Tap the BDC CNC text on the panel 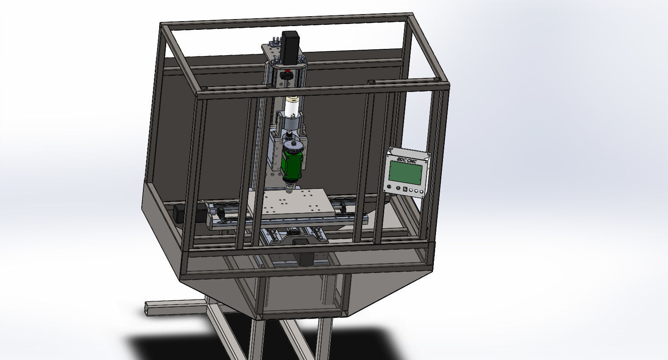click(x=407, y=159)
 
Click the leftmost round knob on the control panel click(x=391, y=188)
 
